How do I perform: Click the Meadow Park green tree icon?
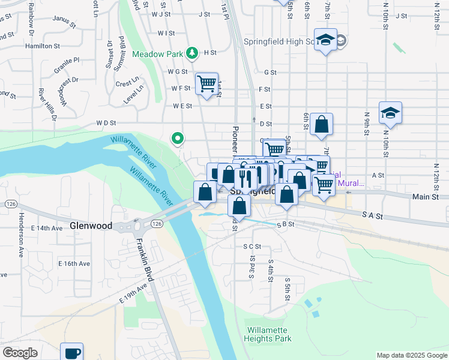coord(192,53)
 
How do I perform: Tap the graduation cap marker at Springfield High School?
coord(325,40)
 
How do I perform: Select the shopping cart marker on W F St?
coord(206,84)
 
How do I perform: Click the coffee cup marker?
coord(72,352)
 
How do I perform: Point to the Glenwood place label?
coord(91,226)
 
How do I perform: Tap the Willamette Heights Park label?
coord(268,335)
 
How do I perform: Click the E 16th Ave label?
coord(74,263)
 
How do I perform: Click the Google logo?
coord(20,353)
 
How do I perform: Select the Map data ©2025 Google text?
coord(411,355)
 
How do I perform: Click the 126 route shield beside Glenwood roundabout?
coord(156,224)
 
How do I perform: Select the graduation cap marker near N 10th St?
coord(390,113)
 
